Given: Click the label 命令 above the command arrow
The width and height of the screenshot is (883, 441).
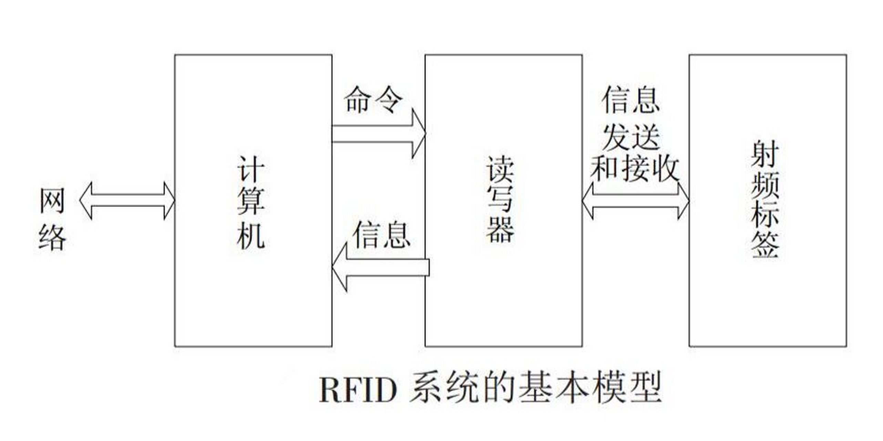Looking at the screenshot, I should tap(373, 100).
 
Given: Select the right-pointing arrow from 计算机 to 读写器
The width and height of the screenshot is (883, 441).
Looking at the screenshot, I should tap(379, 134).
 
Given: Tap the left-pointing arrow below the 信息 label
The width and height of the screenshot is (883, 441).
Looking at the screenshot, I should tap(379, 267).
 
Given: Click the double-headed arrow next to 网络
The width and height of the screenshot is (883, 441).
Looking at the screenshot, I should tap(127, 201).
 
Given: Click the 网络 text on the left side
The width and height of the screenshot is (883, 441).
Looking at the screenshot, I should tap(52, 219).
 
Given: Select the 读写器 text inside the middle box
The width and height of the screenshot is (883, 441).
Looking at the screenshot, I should tap(500, 200).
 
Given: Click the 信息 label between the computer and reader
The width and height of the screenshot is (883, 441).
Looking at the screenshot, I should tap(381, 235).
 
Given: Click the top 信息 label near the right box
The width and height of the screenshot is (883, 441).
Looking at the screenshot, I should tap(630, 100).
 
